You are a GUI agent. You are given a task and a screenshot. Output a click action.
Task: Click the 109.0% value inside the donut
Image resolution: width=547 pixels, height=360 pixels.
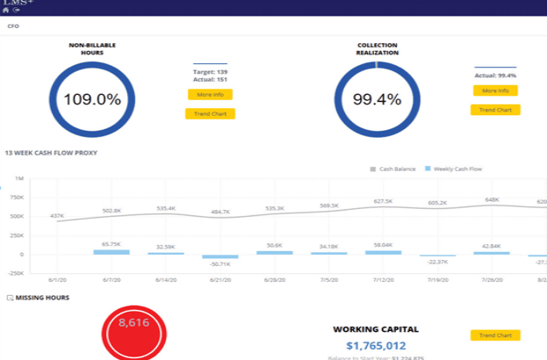(91, 99)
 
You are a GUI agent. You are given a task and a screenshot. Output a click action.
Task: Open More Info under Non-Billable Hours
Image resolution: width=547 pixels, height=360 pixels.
(209, 94)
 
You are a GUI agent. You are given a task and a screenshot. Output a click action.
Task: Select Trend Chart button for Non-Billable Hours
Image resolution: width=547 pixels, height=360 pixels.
(209, 113)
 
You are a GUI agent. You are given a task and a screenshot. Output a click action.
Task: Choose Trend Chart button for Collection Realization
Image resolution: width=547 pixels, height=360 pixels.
(494, 110)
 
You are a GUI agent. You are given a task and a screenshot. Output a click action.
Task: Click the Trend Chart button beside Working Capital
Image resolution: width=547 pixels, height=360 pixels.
(494, 335)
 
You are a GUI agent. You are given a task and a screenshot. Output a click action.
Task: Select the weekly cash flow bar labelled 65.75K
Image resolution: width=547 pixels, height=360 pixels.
(111, 252)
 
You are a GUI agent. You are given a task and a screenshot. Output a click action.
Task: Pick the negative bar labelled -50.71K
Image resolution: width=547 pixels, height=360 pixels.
(220, 256)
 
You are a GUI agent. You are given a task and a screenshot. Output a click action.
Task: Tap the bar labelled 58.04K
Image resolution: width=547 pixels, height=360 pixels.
(382, 252)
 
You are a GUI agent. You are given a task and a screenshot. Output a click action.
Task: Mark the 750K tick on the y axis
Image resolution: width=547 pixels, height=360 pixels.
(18, 197)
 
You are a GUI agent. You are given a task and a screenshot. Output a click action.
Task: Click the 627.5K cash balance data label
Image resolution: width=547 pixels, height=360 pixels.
(383, 201)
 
